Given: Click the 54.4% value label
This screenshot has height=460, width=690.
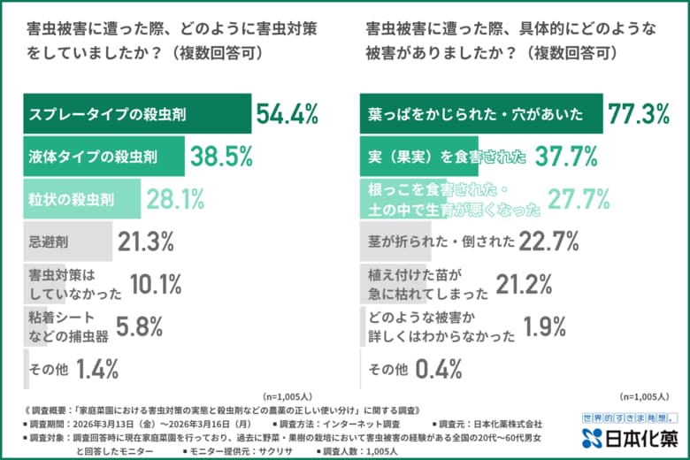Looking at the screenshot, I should tap(287, 113).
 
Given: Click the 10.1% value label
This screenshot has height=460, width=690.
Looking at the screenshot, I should tap(156, 284).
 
